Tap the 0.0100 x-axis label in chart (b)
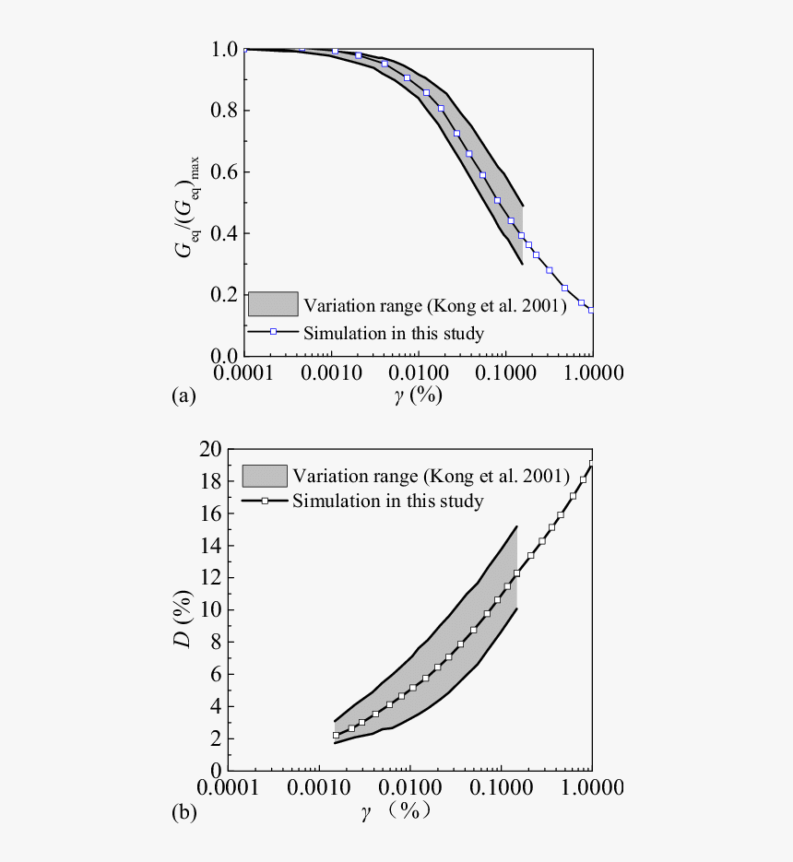tap(408, 790)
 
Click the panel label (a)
tap(183, 396)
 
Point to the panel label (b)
tap(183, 812)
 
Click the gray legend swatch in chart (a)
tap(273, 304)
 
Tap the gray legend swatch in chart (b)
tap(265, 476)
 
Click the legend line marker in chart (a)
tap(273, 332)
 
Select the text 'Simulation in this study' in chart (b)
tap(387, 502)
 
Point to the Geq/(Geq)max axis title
tap(192, 201)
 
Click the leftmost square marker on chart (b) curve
tap(337, 735)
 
